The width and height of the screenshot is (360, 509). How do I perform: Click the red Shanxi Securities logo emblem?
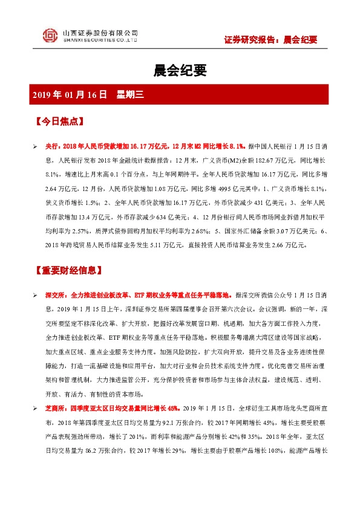[50, 36]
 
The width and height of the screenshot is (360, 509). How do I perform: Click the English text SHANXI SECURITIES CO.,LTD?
[100, 41]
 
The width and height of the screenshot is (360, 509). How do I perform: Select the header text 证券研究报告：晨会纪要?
[270, 41]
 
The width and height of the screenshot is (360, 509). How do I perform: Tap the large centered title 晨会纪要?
[180, 71]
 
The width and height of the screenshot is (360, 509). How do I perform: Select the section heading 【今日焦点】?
[58, 121]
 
